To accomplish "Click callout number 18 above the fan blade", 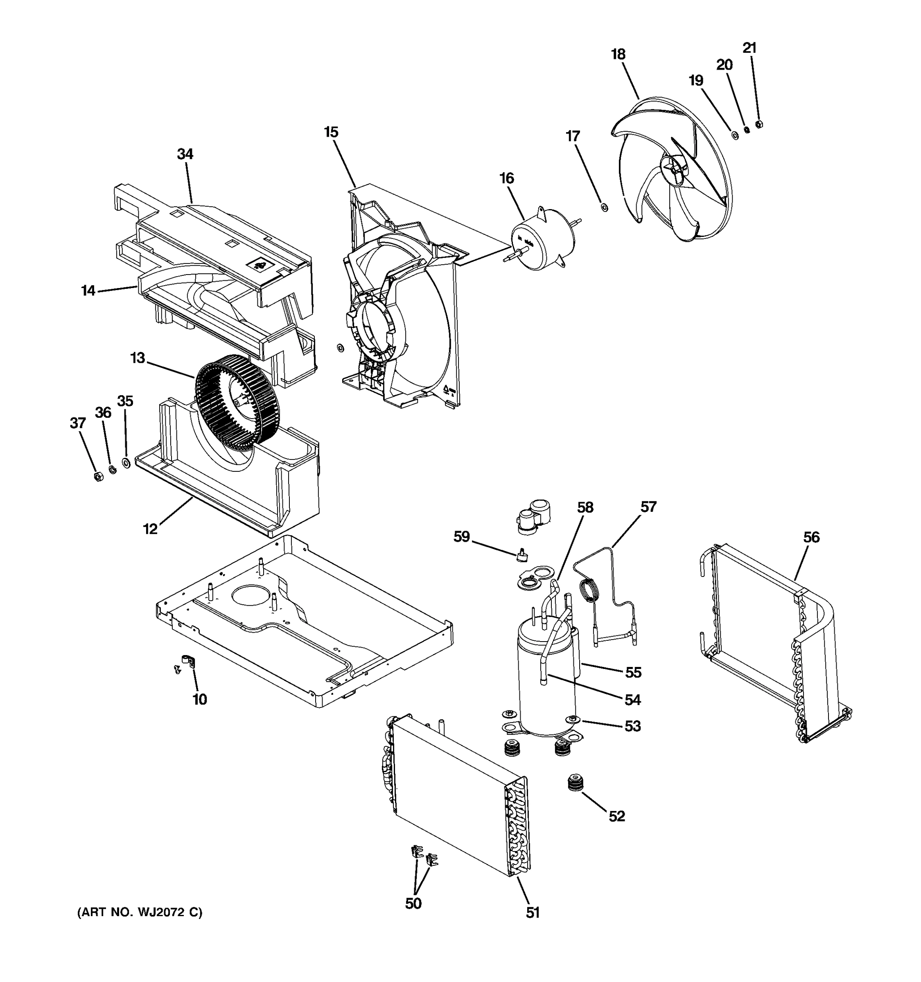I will pos(618,54).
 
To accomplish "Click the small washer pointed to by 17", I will pos(604,207).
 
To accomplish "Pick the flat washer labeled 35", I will pos(126,463).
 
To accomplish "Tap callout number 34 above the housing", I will pos(185,154).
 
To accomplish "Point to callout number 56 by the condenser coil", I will pos(811,537).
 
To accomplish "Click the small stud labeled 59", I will pos(520,556).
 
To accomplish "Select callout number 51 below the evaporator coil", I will pos(532,913).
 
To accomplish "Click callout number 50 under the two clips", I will pos(413,903).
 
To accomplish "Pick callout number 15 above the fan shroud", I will pos(331,133).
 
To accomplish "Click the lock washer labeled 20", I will pos(747,129).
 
